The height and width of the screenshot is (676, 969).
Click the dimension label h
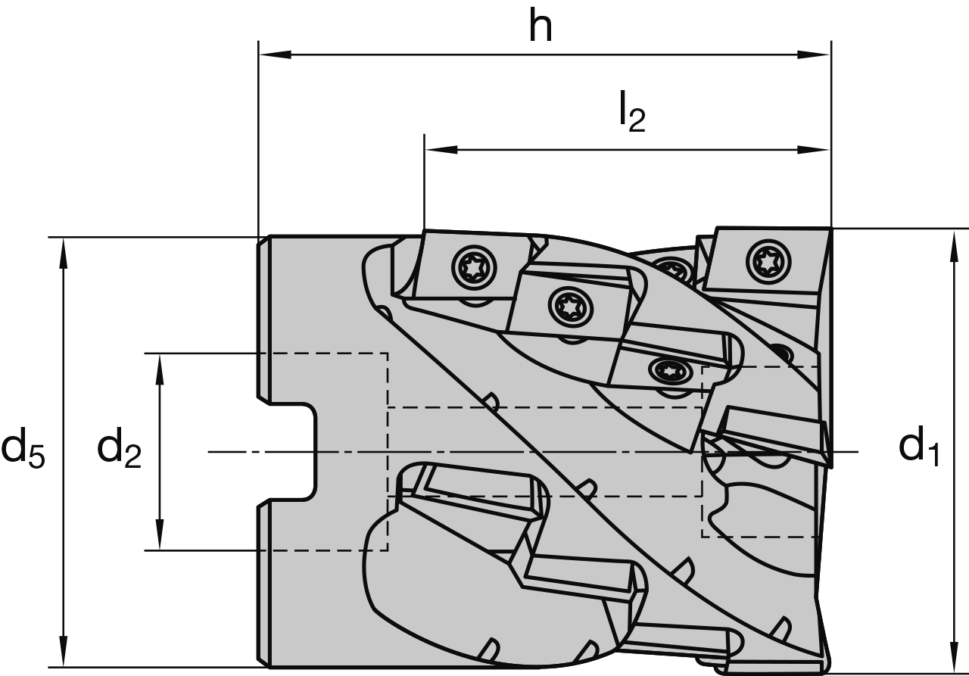pos(540,28)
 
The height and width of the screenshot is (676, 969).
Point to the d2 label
pos(120,449)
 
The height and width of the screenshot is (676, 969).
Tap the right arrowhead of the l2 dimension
pos(815,149)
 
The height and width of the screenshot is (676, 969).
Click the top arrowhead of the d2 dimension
pos(160,368)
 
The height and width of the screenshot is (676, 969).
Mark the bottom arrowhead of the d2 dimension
pos(160,535)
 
